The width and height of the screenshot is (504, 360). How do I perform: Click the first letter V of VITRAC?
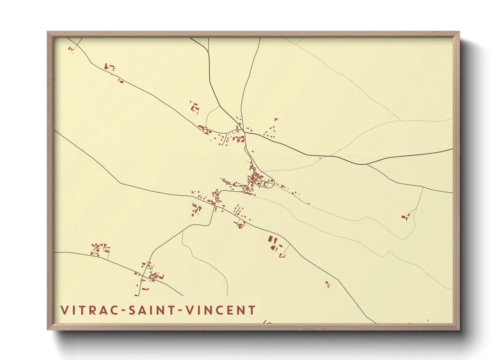click(x=64, y=310)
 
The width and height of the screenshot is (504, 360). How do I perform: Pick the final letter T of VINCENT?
click(x=252, y=310)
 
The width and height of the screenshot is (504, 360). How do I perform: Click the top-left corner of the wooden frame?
click(x=48, y=32)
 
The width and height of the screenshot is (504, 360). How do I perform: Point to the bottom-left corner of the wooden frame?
click(x=48, y=329)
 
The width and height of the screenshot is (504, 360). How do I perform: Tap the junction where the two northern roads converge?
click(x=243, y=132)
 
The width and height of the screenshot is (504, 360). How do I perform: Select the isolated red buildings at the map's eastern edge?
click(x=405, y=217)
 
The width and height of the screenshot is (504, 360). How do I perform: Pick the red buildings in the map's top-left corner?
click(x=71, y=49)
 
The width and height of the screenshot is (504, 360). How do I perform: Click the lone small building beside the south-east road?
click(x=327, y=283)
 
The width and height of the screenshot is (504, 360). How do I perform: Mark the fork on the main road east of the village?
click(x=366, y=164)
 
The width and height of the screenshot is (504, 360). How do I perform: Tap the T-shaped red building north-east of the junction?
click(x=275, y=119)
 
